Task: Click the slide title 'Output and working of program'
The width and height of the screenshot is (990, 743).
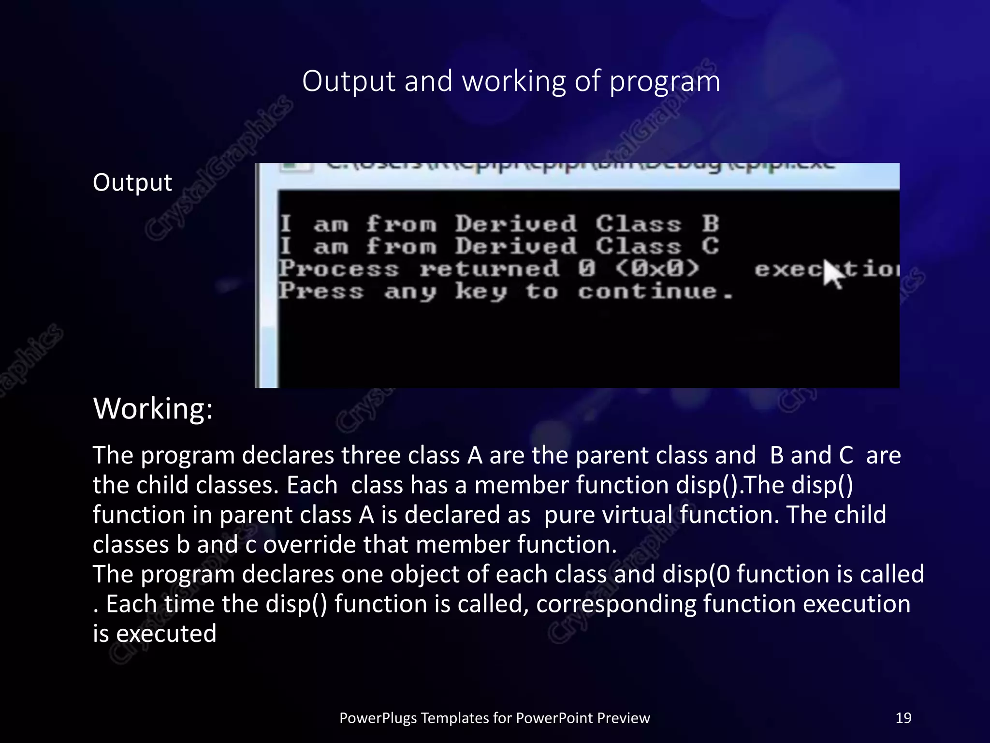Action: click(x=511, y=81)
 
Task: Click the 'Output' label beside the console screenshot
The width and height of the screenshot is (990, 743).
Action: click(x=132, y=182)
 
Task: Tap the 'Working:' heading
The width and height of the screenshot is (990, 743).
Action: click(x=153, y=409)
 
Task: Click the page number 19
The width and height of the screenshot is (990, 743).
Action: click(x=903, y=718)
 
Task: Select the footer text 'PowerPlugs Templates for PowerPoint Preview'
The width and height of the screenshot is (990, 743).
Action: click(x=495, y=718)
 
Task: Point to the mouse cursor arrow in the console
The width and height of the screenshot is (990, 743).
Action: click(x=833, y=273)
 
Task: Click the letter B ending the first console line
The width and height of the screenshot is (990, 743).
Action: click(x=710, y=224)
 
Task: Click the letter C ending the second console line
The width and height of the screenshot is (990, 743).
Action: click(x=710, y=246)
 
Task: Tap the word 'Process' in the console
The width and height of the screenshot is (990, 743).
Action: click(x=339, y=269)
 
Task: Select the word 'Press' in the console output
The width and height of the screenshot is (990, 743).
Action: click(x=321, y=291)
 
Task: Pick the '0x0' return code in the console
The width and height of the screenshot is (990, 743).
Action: click(x=657, y=268)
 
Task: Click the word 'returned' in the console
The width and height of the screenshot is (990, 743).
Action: click(x=489, y=269)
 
